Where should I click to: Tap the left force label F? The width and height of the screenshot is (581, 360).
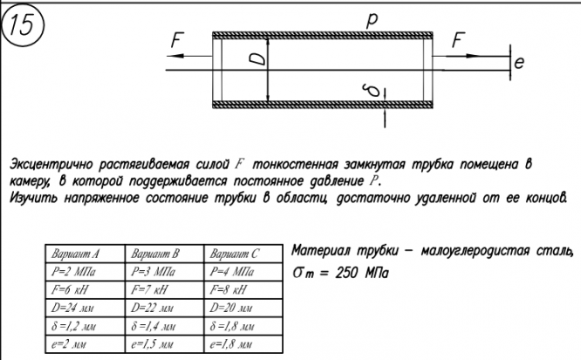[x=178, y=40]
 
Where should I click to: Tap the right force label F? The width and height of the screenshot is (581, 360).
[x=459, y=38]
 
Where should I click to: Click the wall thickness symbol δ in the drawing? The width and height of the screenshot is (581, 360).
[x=372, y=89]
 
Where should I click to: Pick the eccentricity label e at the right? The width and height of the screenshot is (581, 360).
[x=518, y=63]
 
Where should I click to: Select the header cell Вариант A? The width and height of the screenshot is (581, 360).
[x=76, y=255]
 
